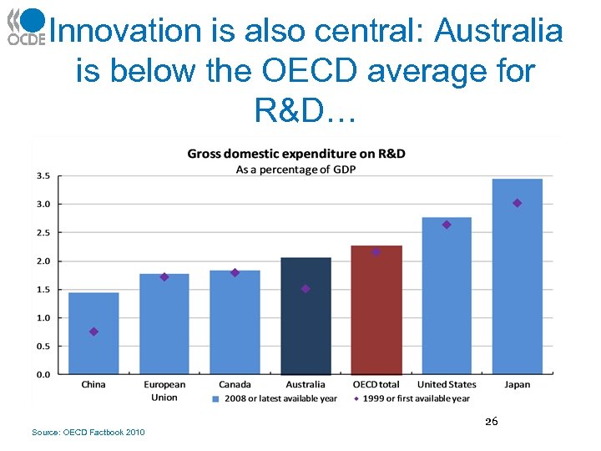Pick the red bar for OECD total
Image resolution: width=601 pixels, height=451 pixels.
(x=376, y=310)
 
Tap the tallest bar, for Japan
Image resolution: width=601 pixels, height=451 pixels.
(x=517, y=276)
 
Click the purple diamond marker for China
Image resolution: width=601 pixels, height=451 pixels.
(x=93, y=332)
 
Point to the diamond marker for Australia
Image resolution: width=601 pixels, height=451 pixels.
(x=306, y=289)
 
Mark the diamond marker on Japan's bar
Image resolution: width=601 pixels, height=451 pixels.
(x=517, y=203)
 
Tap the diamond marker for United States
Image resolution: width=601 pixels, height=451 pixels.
(x=447, y=225)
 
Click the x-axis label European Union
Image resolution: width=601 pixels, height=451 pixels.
(x=164, y=390)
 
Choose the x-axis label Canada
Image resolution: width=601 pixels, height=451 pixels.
(x=235, y=385)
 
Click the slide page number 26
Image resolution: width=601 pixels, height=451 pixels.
(x=492, y=423)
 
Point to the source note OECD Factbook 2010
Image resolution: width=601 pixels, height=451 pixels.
(x=88, y=432)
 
